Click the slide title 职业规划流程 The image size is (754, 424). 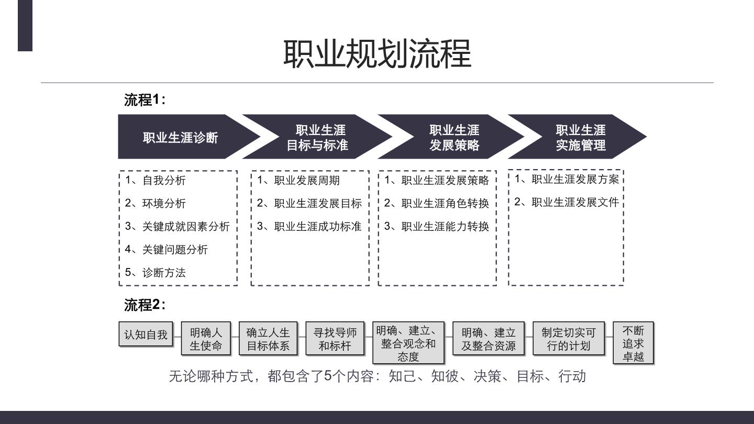pos(377,54)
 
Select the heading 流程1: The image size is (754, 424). pos(145,100)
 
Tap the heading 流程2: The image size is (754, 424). pos(145,305)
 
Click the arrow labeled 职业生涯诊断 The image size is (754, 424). pos(189,137)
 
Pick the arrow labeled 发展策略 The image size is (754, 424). pos(451,137)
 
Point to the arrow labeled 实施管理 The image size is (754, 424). pos(577,137)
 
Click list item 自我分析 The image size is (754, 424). pos(155,181)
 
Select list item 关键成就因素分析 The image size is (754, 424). pos(177,227)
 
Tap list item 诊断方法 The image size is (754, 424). pos(155,273)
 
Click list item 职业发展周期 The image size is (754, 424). pos(298,181)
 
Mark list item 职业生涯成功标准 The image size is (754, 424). pos(309,227)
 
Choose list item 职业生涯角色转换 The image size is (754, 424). pos(437,203)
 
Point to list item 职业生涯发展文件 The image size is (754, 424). pos(567,202)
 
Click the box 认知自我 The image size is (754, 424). pos(146,334)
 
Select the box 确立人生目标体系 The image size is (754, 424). pos(268,339)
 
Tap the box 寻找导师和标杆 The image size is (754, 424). pos(335,339)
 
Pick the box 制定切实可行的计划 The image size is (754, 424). pos(569,339)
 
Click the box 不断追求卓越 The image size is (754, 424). pos(633,343)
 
